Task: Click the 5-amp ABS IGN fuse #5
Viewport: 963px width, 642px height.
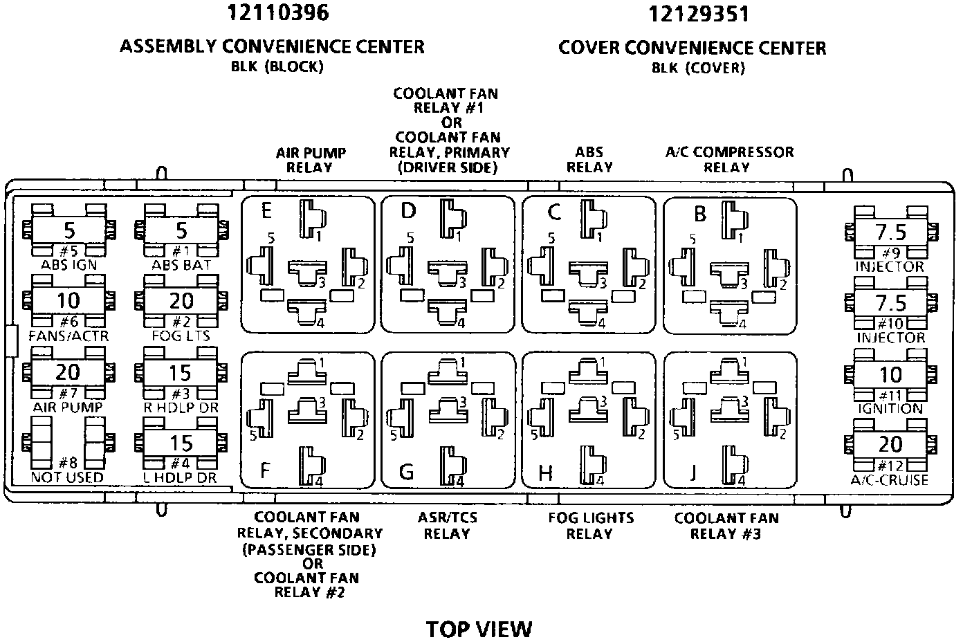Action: tap(68, 230)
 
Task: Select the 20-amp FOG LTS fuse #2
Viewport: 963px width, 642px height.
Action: tap(181, 301)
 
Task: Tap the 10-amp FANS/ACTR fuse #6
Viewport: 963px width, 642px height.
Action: tap(68, 301)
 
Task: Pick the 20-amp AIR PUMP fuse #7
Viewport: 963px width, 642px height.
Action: tap(68, 372)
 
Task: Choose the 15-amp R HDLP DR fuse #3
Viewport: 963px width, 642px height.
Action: tap(181, 373)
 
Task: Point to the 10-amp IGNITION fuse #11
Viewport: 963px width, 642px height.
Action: tap(890, 374)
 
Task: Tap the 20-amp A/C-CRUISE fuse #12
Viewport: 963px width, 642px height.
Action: tap(890, 445)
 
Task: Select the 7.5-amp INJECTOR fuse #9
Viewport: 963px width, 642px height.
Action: tap(890, 232)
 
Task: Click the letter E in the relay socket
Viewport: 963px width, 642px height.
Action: tap(266, 210)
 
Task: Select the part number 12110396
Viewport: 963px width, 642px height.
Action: tap(277, 12)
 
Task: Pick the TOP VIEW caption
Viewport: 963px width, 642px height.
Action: tap(479, 629)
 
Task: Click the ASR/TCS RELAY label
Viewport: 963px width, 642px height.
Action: tap(447, 526)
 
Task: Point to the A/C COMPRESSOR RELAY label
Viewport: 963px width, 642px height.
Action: tap(729, 159)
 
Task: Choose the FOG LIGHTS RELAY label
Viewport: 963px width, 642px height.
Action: tap(590, 526)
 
